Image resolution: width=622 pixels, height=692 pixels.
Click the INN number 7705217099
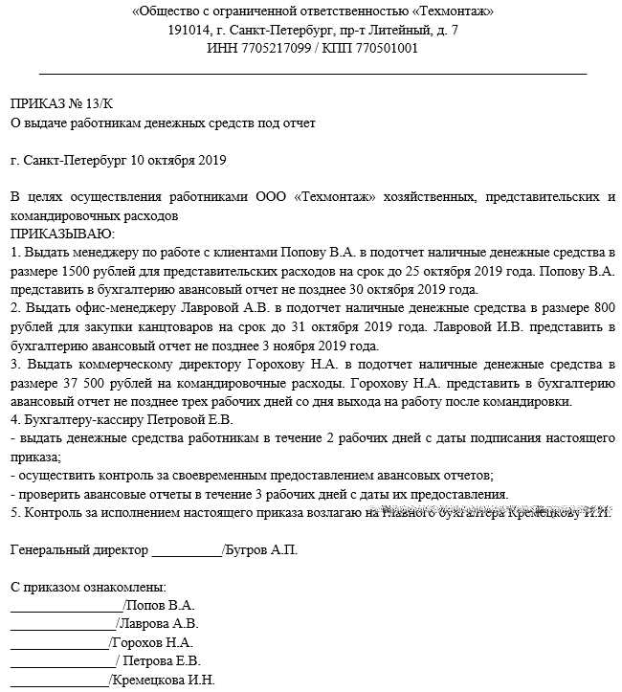271,48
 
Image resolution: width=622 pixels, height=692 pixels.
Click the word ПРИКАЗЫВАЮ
62,234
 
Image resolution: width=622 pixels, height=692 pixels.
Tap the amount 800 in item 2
602,308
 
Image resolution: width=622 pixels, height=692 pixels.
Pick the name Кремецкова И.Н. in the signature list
164,681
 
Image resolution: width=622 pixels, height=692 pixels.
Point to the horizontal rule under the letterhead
313,73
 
